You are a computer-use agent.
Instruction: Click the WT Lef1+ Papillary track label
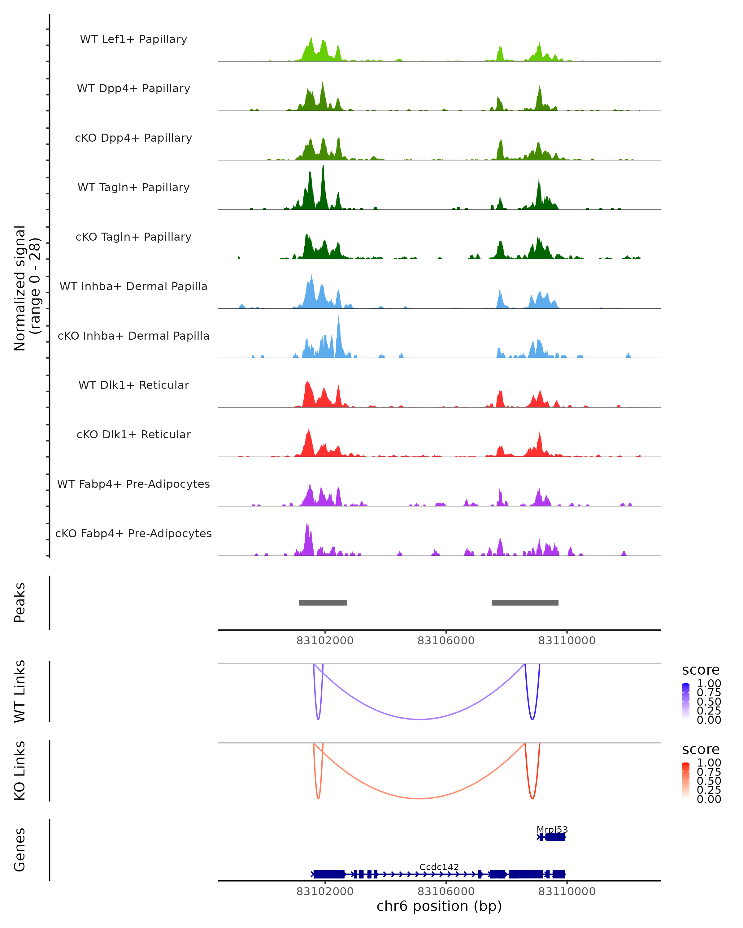click(133, 40)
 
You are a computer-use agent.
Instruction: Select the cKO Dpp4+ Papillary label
click(133, 138)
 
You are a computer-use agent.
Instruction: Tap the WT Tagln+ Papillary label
click(133, 188)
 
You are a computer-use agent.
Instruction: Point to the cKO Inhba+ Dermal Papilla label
click(133, 336)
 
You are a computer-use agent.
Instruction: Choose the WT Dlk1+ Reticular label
click(133, 385)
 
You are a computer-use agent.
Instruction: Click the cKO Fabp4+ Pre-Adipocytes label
click(133, 534)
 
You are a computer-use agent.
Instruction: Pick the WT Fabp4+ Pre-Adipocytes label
click(133, 484)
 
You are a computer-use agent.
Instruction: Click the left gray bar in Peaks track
click(323, 603)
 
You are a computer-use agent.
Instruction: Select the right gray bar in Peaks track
click(525, 603)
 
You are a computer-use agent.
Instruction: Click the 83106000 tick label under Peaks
click(446, 641)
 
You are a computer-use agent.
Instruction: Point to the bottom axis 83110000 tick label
click(567, 891)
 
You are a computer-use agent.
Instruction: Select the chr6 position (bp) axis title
click(439, 906)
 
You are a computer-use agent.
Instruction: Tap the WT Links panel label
click(20, 691)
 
